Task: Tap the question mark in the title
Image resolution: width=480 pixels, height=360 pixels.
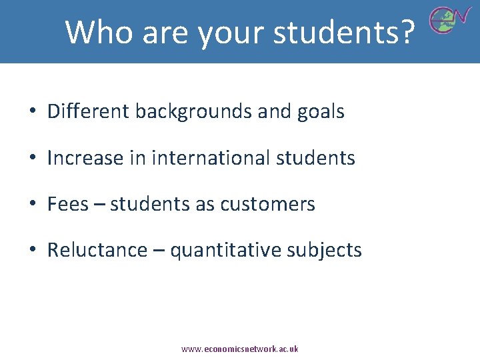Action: click(406, 31)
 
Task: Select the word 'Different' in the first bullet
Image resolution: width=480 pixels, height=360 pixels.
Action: click(88, 111)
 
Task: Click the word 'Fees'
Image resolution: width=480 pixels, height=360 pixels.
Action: click(67, 204)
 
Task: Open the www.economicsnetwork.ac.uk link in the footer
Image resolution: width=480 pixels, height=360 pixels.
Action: click(240, 349)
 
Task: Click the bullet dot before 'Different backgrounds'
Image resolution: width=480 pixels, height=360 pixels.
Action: click(32, 112)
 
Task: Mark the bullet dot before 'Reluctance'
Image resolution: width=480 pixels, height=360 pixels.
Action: click(32, 251)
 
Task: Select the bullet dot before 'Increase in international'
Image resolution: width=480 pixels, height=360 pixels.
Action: click(32, 159)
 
